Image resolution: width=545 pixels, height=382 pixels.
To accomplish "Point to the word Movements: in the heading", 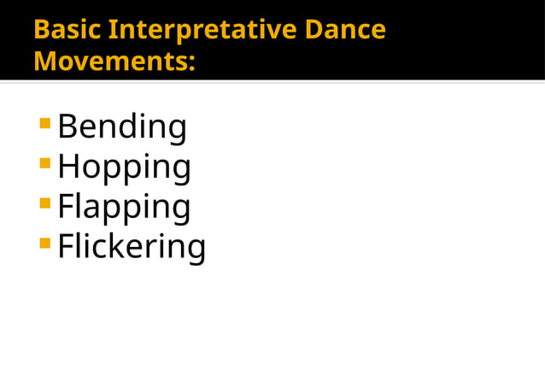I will [114, 62].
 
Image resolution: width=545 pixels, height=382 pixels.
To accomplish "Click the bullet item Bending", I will [122, 128].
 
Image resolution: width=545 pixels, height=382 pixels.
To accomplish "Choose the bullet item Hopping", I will [124, 167].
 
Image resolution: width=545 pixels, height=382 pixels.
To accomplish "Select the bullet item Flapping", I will [124, 208].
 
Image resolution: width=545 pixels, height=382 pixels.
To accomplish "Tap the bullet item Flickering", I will [132, 247].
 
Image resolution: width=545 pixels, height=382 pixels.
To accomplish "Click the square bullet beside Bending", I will [44, 125].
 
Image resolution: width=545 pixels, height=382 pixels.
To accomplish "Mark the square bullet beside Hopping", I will [44, 164].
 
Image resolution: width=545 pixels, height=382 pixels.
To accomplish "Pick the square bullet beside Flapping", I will [44, 203].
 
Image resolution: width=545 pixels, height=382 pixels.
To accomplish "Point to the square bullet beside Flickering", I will [44, 244].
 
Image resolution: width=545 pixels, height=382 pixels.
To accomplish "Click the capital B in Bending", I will [67, 127].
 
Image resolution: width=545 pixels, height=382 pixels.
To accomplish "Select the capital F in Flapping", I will [65, 207].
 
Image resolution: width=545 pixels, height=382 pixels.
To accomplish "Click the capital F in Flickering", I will [65, 246].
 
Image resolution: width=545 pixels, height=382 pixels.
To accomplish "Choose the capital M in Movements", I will [45, 62].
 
